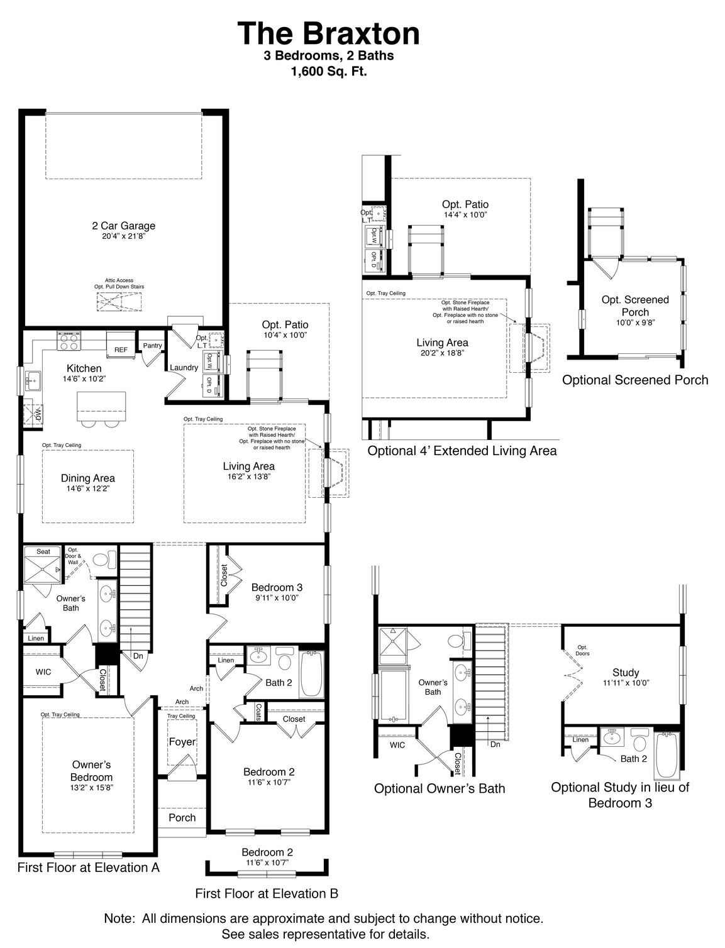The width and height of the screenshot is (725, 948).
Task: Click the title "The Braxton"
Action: [x=328, y=33]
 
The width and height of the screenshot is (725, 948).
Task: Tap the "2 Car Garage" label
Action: [x=123, y=226]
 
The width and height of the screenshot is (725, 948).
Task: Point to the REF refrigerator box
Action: [x=120, y=350]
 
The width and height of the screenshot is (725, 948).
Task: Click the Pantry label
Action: [x=152, y=345]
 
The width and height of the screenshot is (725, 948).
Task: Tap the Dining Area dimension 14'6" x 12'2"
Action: [x=87, y=488]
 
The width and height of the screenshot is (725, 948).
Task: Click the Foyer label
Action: [x=182, y=742]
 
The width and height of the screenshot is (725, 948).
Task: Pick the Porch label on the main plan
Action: [x=182, y=817]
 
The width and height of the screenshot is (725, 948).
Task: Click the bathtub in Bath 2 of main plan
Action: [x=311, y=674]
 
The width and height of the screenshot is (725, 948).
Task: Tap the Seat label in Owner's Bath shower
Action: [x=43, y=551]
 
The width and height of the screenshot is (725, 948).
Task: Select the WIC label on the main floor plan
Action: [x=43, y=672]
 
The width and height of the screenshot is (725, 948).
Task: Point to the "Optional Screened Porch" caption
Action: [x=634, y=380]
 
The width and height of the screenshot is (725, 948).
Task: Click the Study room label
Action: [x=625, y=672]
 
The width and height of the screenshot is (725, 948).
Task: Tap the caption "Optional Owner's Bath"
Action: [x=439, y=788]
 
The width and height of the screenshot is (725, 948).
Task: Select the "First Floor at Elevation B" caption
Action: [x=267, y=893]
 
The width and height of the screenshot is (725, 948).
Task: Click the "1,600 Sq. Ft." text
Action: [x=328, y=72]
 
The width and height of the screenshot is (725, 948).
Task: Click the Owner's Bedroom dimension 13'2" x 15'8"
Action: [x=92, y=787]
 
